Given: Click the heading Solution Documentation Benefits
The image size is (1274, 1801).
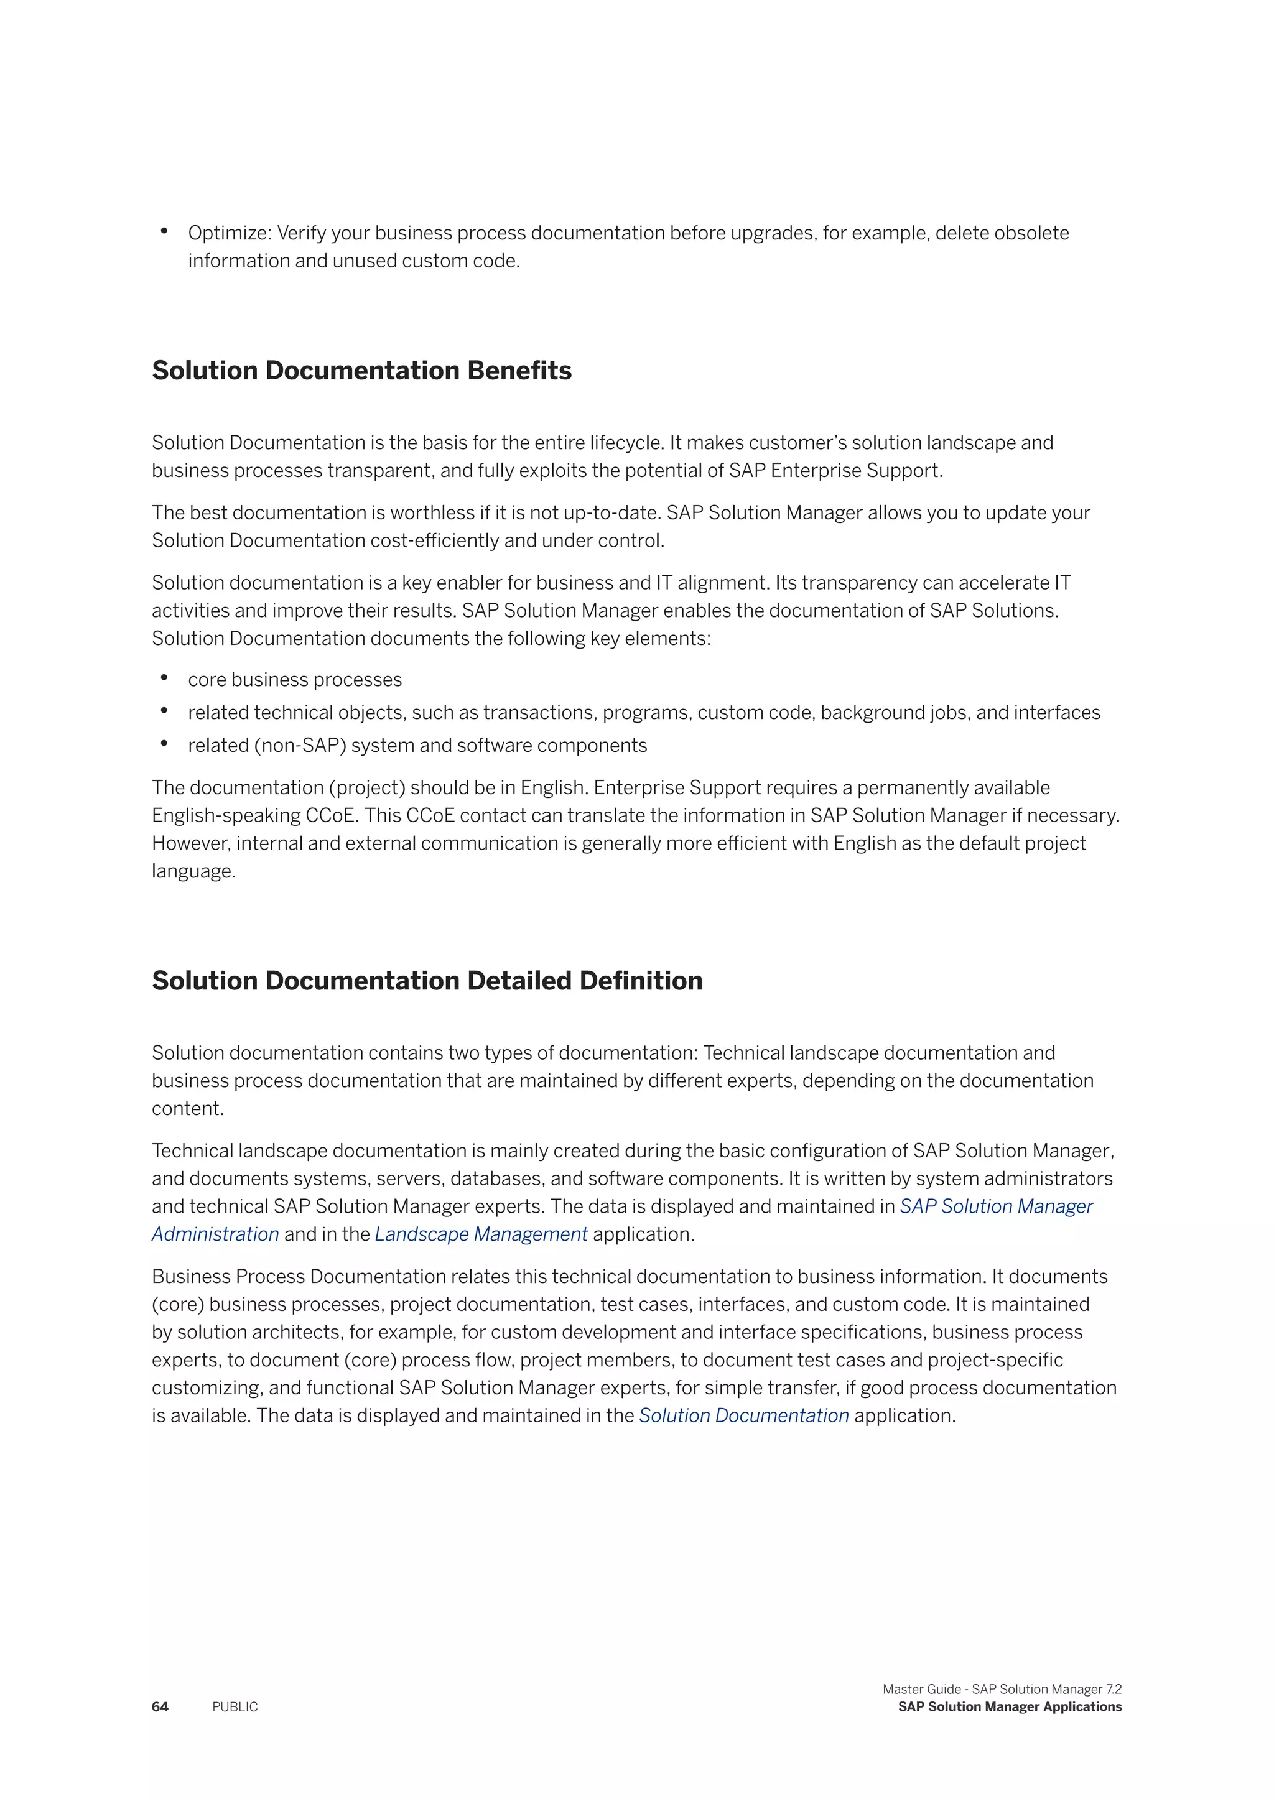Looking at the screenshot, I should point(361,370).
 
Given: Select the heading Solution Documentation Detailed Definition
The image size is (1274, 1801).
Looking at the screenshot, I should point(427,981).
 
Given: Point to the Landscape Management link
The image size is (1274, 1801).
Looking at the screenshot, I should point(481,1234).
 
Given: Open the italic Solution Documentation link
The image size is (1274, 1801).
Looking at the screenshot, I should point(744,1415).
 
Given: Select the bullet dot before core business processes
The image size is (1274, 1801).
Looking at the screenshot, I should point(164,678).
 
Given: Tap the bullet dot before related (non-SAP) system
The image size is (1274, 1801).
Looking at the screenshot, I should point(164,744).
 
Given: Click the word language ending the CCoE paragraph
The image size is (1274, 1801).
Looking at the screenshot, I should point(192,871).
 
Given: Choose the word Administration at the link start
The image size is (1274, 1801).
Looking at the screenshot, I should point(216,1234).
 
